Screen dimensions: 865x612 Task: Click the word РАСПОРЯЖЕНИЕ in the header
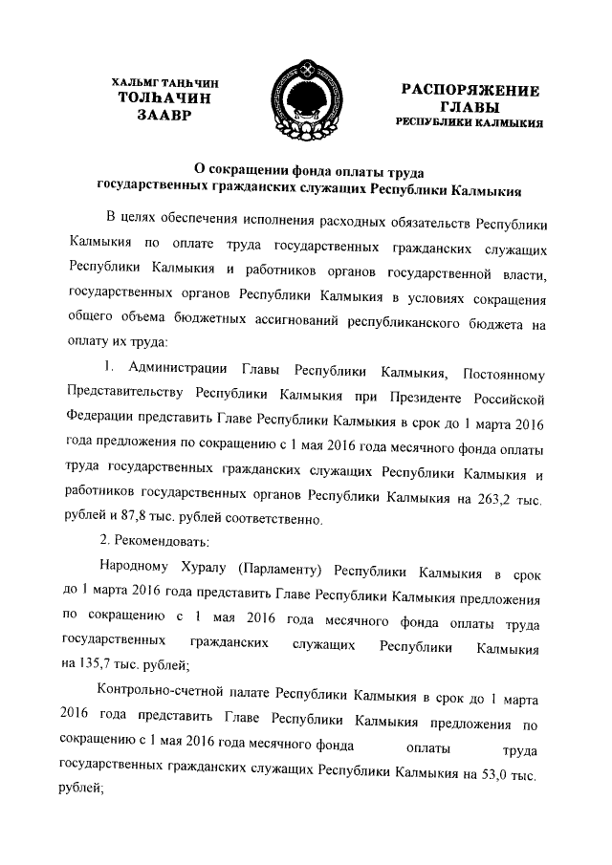pos(470,90)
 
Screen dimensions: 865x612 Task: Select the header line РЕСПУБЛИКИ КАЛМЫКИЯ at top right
pos(470,123)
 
